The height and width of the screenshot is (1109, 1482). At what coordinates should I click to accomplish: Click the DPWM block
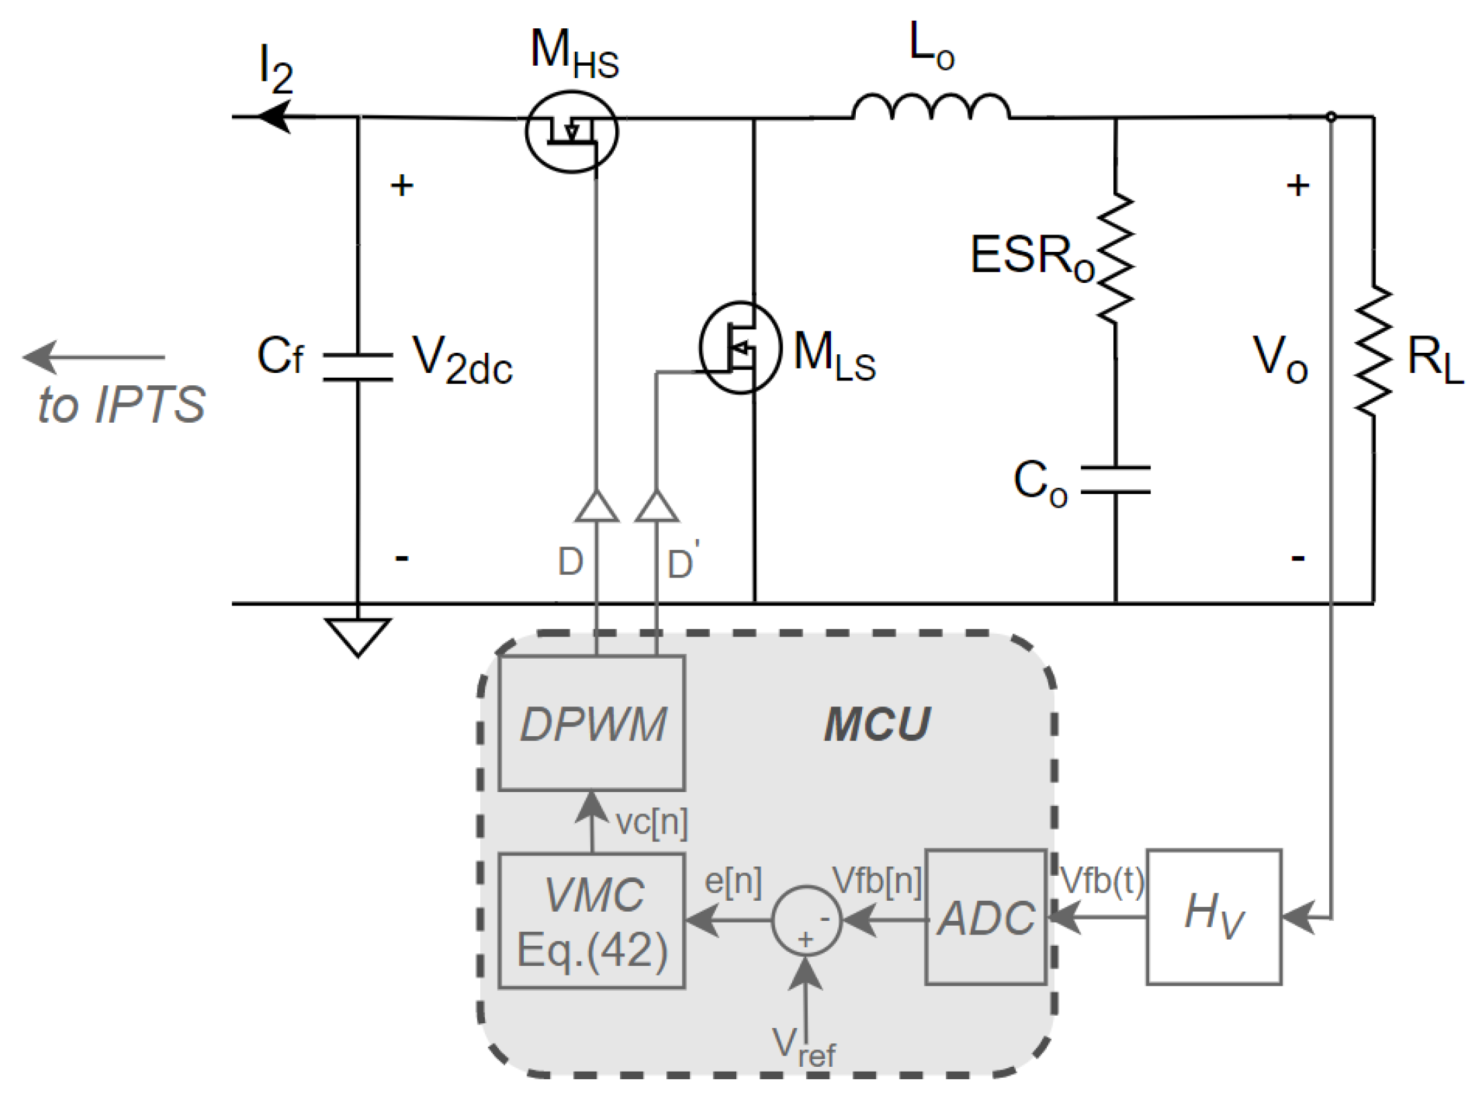(592, 723)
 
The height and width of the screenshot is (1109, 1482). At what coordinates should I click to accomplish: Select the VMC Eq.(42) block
(592, 920)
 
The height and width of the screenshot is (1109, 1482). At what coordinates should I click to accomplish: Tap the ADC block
(985, 917)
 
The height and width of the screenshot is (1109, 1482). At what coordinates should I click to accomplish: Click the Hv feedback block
(1214, 917)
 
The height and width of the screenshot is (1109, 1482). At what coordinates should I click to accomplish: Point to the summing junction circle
(806, 920)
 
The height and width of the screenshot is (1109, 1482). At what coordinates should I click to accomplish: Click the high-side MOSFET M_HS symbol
(571, 131)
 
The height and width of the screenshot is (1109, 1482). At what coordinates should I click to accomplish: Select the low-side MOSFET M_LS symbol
(740, 347)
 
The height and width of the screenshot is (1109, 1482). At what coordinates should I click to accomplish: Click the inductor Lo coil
(931, 107)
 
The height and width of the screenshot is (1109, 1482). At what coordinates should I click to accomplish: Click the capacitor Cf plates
(358, 367)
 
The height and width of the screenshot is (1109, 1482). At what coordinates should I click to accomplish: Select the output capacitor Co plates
(1115, 480)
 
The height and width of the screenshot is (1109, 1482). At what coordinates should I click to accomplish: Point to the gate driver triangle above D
(596, 507)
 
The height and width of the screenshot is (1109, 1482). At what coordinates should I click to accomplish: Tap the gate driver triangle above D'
(657, 507)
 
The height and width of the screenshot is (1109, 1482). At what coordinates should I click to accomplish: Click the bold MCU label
(877, 724)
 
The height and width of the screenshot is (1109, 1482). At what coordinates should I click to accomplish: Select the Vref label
(803, 1046)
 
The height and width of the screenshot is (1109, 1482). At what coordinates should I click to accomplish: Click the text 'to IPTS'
(121, 404)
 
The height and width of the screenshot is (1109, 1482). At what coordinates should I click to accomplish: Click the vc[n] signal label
(651, 823)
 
